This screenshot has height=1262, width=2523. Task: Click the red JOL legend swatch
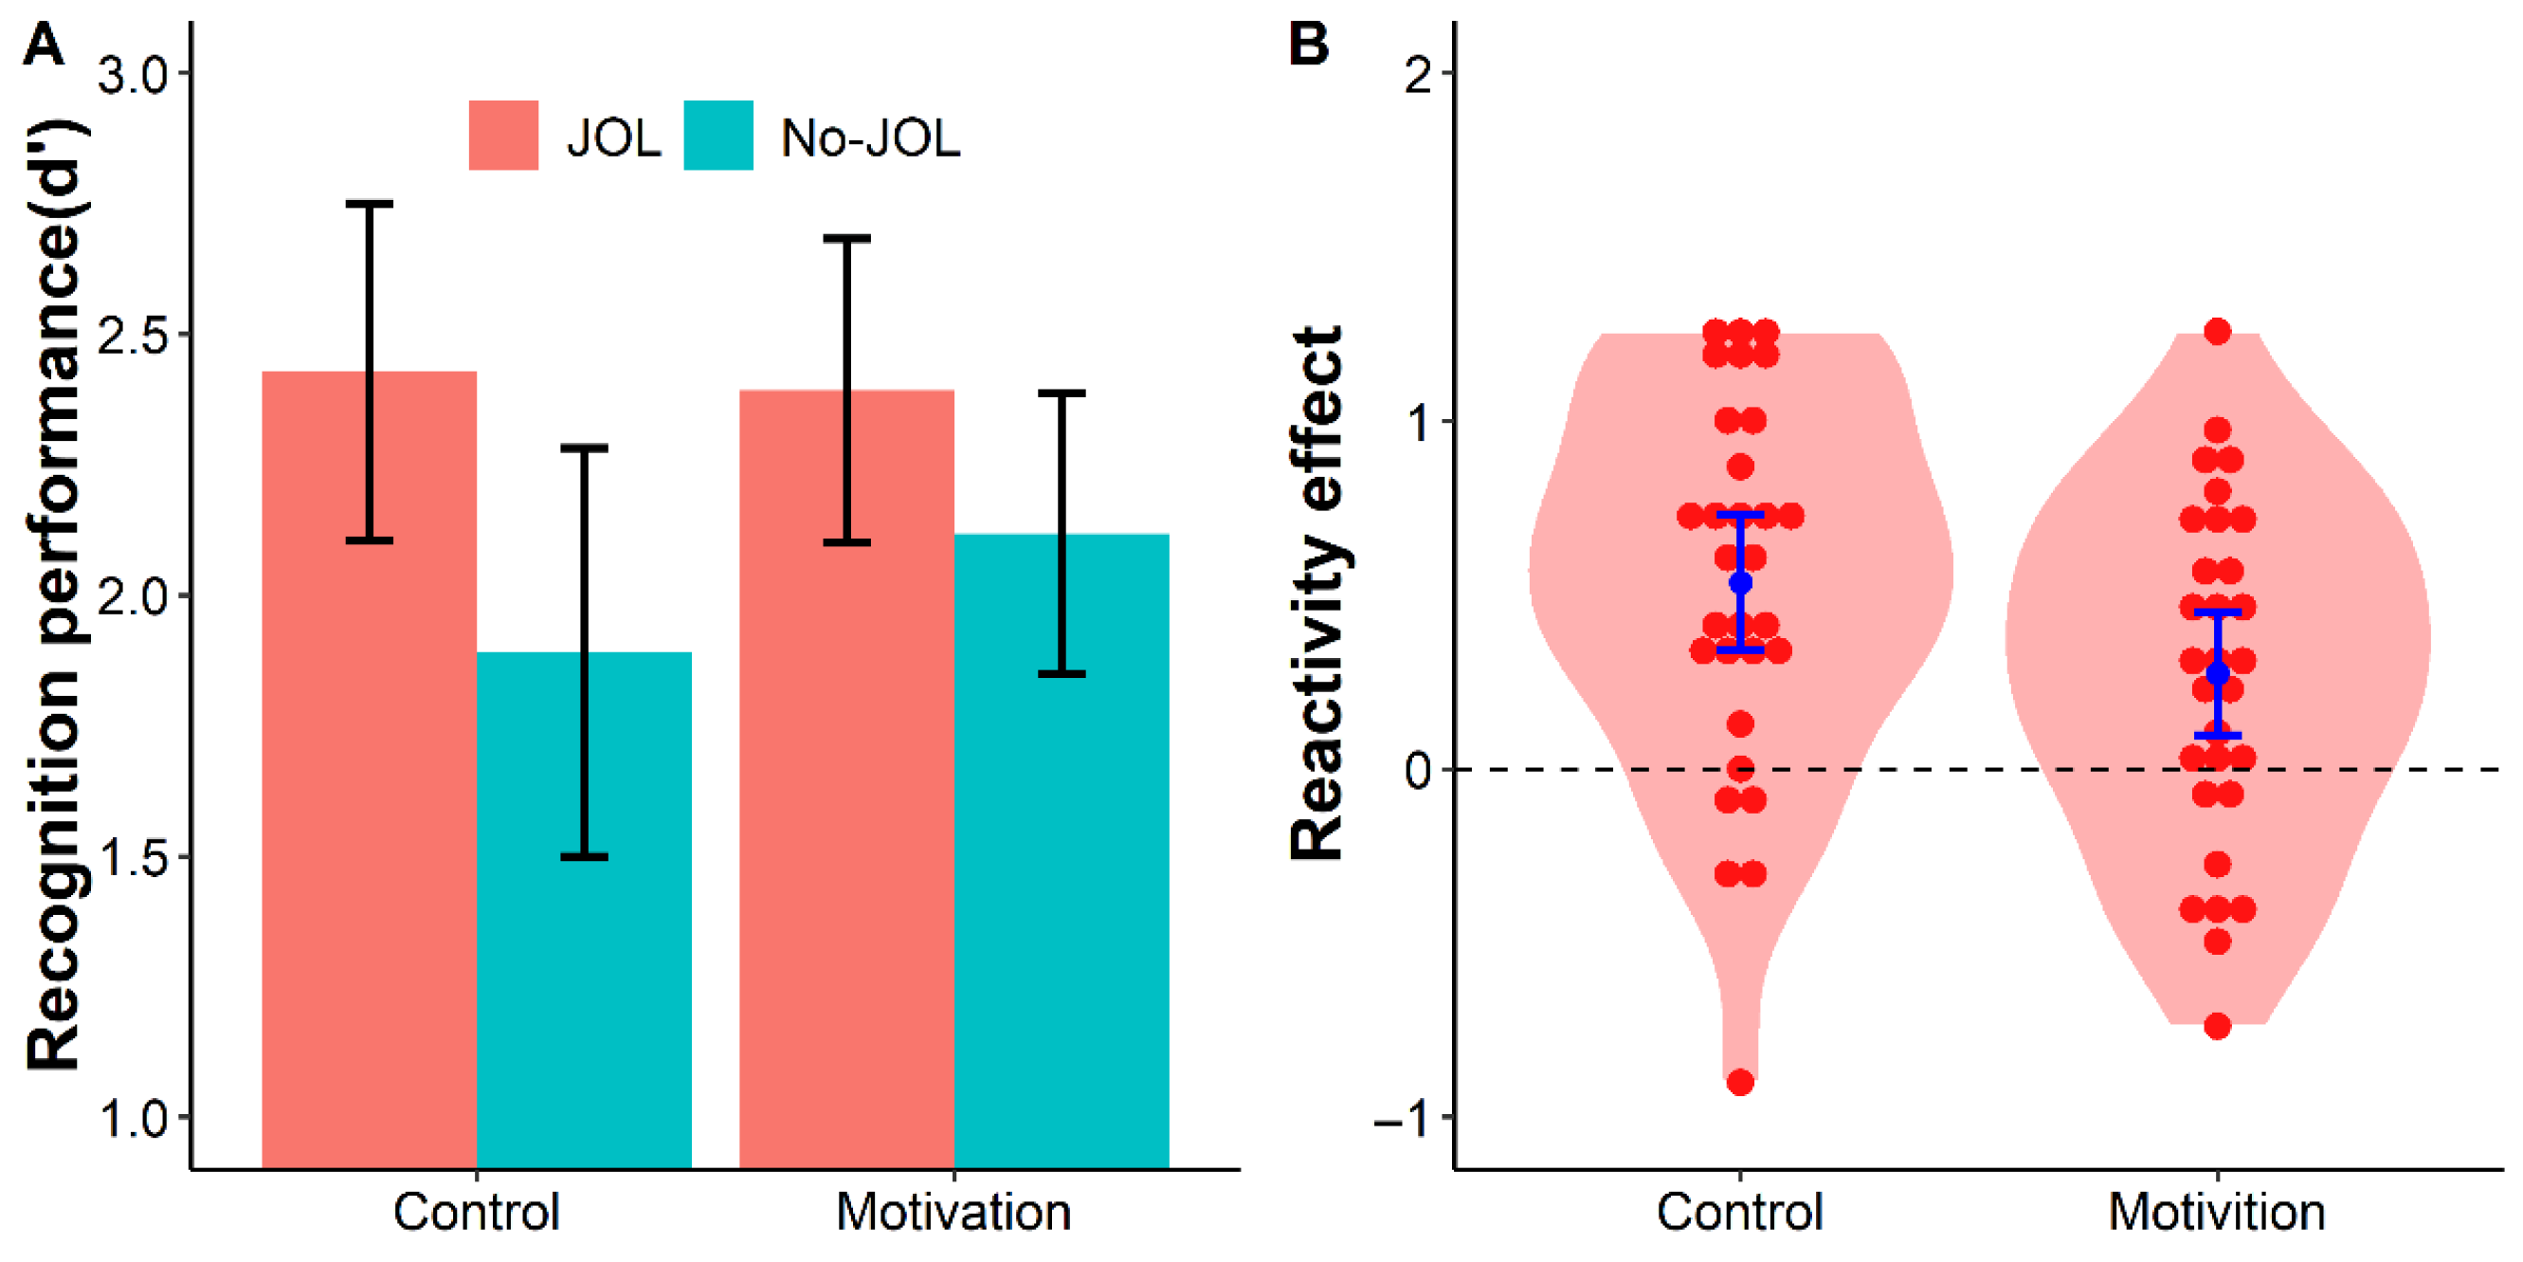tap(503, 136)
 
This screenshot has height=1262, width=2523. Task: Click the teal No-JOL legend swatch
tap(717, 136)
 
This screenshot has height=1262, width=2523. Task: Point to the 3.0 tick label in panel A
tap(135, 75)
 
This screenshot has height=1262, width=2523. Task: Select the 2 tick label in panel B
tap(1417, 75)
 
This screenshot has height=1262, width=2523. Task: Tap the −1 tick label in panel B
tap(1403, 1118)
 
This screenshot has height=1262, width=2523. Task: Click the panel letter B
tap(1309, 45)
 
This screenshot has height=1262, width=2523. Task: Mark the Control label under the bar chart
tap(476, 1213)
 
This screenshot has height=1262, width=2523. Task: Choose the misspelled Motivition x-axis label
tap(2217, 1213)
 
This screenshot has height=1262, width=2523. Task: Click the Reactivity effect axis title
tap(1316, 594)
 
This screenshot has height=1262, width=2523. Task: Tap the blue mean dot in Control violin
tap(1740, 583)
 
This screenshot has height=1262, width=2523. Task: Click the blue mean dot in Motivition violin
tap(2218, 674)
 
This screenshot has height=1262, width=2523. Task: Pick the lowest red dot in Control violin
tap(1740, 1083)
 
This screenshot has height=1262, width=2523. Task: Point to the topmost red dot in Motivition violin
tap(2218, 332)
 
